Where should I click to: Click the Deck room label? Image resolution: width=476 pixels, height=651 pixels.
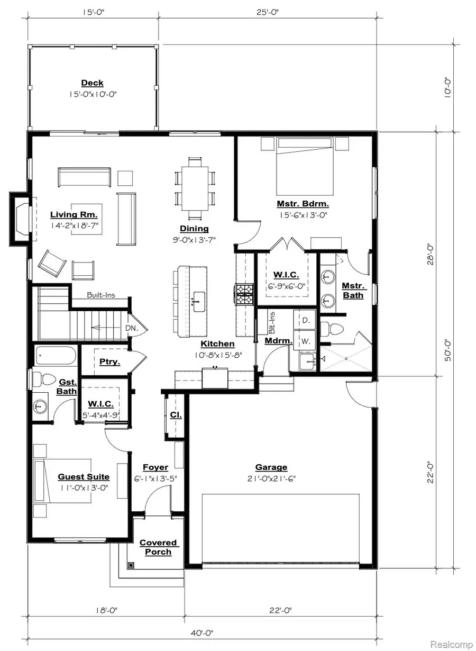pyautogui.click(x=92, y=83)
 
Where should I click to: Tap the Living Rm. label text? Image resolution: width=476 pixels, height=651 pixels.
pyautogui.click(x=74, y=215)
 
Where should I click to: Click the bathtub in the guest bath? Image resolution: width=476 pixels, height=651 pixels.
pyautogui.click(x=56, y=356)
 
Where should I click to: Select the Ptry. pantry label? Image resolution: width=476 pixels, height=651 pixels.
pyautogui.click(x=109, y=363)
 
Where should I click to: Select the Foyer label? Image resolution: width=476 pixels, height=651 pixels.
pyautogui.click(x=155, y=467)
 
